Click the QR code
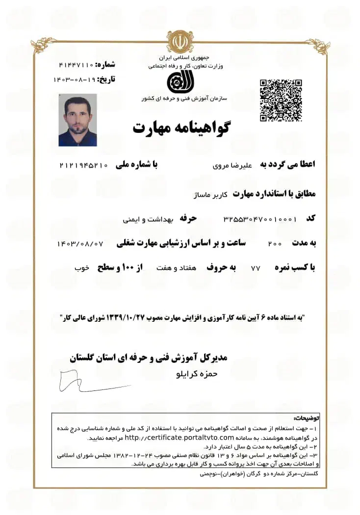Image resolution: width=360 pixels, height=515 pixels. tap(281, 100)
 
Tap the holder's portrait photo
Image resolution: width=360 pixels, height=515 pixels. tap(77, 120)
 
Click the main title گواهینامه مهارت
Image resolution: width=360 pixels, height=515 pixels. tap(181, 128)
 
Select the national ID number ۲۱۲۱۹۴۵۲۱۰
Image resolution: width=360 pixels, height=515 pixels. tap(83, 166)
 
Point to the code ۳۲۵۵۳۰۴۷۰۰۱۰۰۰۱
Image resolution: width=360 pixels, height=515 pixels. tap(260, 219)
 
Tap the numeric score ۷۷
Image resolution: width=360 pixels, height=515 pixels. tap(255, 268)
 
